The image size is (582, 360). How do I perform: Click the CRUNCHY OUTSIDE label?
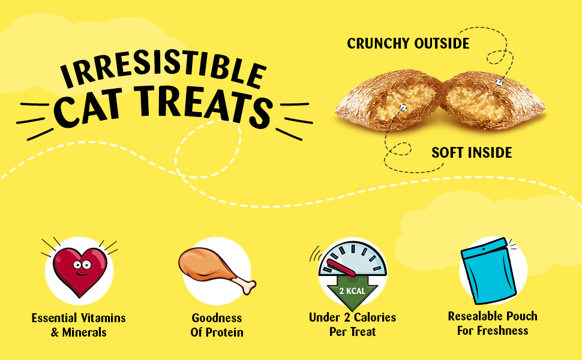pos(408,43)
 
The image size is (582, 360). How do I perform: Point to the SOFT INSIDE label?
pos(472,152)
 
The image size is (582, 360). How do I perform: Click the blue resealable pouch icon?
pos(488,271)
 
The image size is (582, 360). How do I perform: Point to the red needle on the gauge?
pos(341,268)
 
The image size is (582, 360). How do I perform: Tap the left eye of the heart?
pos(77,265)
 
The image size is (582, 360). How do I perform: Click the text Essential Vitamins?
pos(79,318)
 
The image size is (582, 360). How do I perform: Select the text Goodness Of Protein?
pos(217,325)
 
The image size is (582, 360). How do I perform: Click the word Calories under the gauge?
pos(374,317)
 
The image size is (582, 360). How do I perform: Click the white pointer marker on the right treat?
pos(500,82)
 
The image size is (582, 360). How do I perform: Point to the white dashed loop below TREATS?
pos(208,148)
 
